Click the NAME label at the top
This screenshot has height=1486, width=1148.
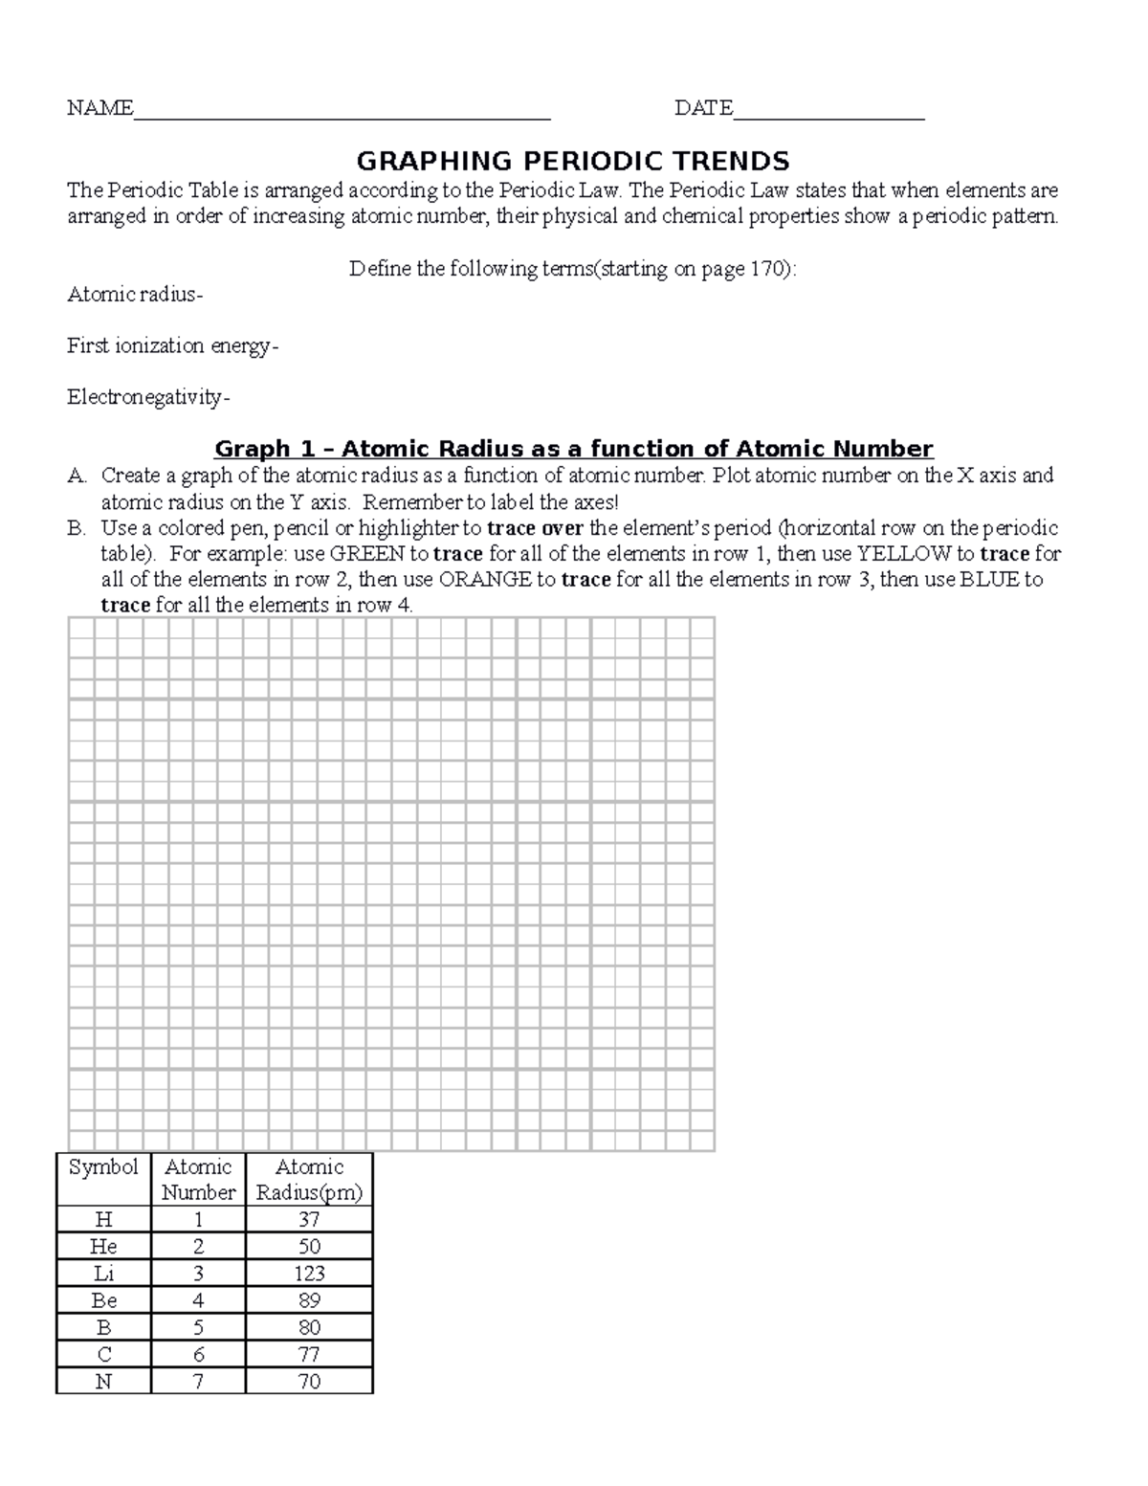99,108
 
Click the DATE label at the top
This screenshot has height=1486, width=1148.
703,108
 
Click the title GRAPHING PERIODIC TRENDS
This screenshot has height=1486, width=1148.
573,161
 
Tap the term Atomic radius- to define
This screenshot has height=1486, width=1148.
135,295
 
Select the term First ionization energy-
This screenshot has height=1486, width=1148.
173,345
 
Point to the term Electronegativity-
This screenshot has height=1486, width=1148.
148,397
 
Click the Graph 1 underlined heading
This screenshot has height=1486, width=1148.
573,449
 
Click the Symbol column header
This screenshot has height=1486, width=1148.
103,1167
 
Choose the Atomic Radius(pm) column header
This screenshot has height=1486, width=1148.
309,1180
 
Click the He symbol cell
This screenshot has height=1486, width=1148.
103,1247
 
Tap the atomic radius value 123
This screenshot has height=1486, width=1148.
309,1274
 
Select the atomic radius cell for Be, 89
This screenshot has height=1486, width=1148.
309,1300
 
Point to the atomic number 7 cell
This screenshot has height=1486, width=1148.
198,1382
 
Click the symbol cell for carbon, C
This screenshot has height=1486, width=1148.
103,1355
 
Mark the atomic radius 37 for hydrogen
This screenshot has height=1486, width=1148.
309,1220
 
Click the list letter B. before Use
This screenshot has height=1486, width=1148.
77,528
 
